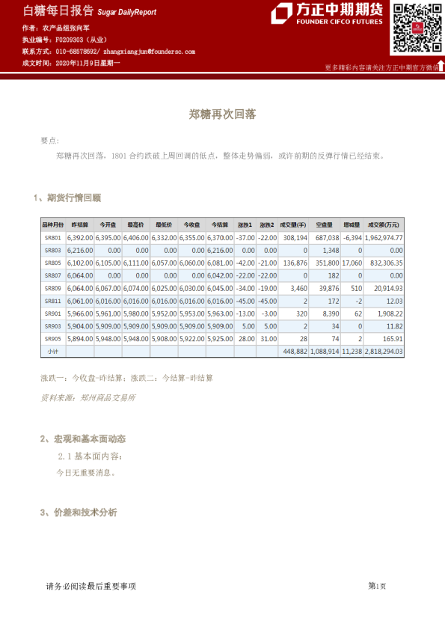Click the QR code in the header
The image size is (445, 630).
pyautogui.click(x=413, y=28)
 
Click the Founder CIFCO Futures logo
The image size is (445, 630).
pyautogui.click(x=328, y=13)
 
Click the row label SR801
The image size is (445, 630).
pyautogui.click(x=52, y=237)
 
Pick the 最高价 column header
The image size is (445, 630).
pyautogui.click(x=135, y=224)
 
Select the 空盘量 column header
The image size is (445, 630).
pyautogui.click(x=325, y=224)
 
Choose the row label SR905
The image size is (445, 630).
pyautogui.click(x=52, y=338)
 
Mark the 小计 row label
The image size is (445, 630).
pyautogui.click(x=52, y=351)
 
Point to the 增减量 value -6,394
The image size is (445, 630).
pyautogui.click(x=352, y=237)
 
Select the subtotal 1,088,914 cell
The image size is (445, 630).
pyautogui.click(x=325, y=351)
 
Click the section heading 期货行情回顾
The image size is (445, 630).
pyautogui.click(x=73, y=198)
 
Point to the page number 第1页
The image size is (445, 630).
pyautogui.click(x=377, y=586)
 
